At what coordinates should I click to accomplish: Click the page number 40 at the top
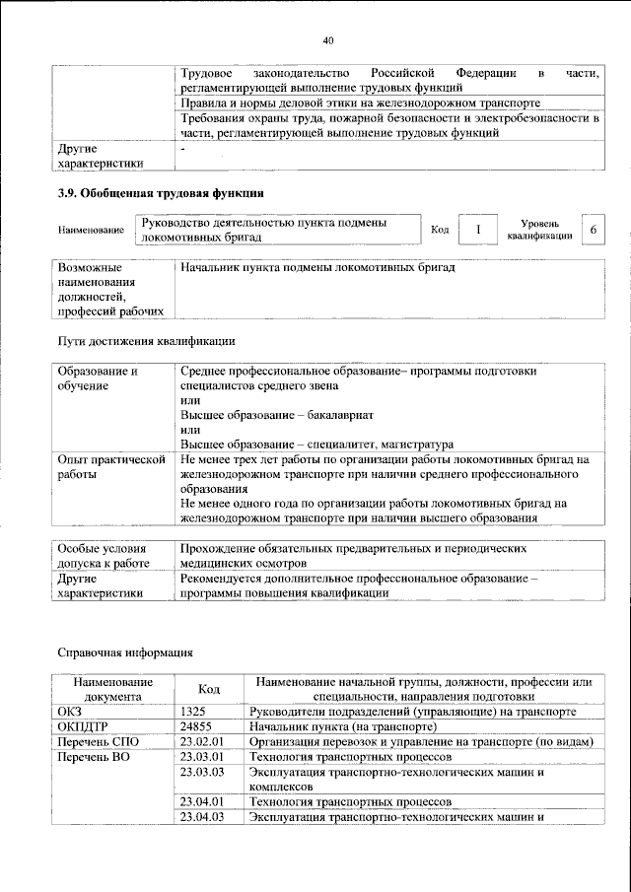pyautogui.click(x=328, y=40)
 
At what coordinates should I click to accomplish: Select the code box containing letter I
pyautogui.click(x=478, y=230)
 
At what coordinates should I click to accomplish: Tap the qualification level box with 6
pyautogui.click(x=593, y=230)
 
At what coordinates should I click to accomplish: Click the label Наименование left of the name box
pyautogui.click(x=91, y=231)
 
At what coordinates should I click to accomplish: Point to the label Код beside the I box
pyautogui.click(x=440, y=230)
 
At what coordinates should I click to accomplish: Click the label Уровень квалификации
pyautogui.click(x=539, y=230)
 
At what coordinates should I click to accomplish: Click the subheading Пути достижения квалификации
pyautogui.click(x=144, y=342)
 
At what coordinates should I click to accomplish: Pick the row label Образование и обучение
pyautogui.click(x=98, y=378)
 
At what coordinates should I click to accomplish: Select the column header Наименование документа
pyautogui.click(x=111, y=688)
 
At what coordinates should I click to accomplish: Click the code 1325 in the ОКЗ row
pyautogui.click(x=193, y=710)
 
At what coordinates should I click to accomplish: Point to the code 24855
pyautogui.click(x=197, y=725)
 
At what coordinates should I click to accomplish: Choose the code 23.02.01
pyautogui.click(x=203, y=741)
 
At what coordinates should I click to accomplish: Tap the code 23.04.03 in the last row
pyautogui.click(x=204, y=816)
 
